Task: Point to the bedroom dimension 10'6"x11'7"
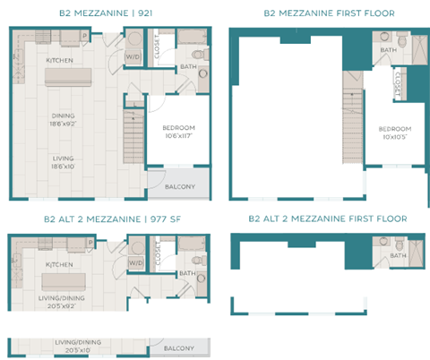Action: [177, 137]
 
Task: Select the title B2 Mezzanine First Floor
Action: [329, 14]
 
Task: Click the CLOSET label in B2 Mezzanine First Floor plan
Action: [397, 87]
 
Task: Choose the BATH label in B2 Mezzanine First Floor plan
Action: [389, 50]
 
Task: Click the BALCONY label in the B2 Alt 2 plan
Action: [180, 347]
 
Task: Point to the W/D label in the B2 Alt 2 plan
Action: [135, 262]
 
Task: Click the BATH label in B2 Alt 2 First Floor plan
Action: [398, 254]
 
